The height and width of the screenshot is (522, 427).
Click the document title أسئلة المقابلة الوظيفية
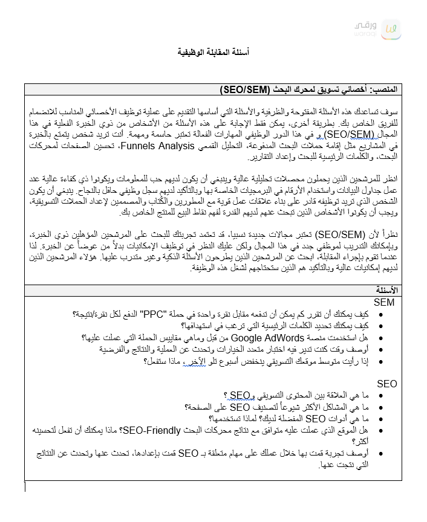213,53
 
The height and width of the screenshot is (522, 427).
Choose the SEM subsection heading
384,302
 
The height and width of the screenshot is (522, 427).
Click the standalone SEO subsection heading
386,384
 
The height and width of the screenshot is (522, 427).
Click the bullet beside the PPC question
380,315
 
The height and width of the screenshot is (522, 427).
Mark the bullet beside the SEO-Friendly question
380,430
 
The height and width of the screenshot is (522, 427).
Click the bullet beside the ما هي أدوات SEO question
380,419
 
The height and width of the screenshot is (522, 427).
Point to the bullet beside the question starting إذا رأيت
380,361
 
